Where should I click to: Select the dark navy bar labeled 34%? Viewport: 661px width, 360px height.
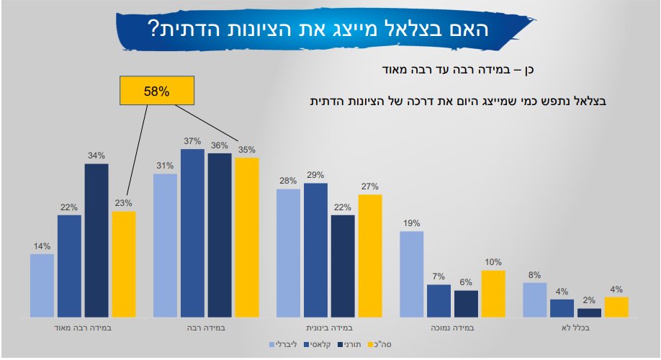pyautogui.click(x=96, y=240)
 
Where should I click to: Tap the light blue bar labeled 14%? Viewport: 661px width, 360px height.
pyautogui.click(x=42, y=285)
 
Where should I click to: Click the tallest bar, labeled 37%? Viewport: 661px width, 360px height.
pyautogui.click(x=192, y=233)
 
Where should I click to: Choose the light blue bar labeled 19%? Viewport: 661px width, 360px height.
pyautogui.click(x=412, y=274)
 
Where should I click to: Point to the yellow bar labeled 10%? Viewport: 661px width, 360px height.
pyautogui.click(x=493, y=294)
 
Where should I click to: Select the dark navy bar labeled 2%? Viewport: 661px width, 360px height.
pyautogui.click(x=589, y=313)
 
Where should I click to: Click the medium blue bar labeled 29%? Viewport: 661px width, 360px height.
pyautogui.click(x=315, y=250)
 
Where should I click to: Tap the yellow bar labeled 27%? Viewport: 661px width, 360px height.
pyautogui.click(x=369, y=256)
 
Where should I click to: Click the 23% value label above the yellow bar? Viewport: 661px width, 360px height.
pyautogui.click(x=124, y=203)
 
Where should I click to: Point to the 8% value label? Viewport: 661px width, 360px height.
pyautogui.click(x=534, y=274)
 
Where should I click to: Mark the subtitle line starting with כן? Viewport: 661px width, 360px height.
pyautogui.click(x=460, y=70)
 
